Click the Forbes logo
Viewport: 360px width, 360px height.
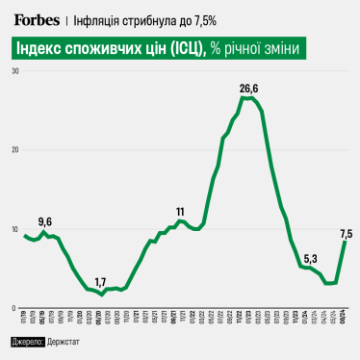pyautogui.click(x=35, y=19)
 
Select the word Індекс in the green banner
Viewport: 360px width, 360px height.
pyautogui.click(x=45, y=50)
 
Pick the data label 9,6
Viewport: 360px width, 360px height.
pyautogui.click(x=44, y=221)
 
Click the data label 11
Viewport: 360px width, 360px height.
pyautogui.click(x=180, y=211)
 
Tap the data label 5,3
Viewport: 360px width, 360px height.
pyautogui.click(x=309, y=258)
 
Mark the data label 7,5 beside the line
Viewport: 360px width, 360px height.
pyautogui.click(x=346, y=233)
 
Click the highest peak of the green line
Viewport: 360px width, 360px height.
pyautogui.click(x=248, y=98)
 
